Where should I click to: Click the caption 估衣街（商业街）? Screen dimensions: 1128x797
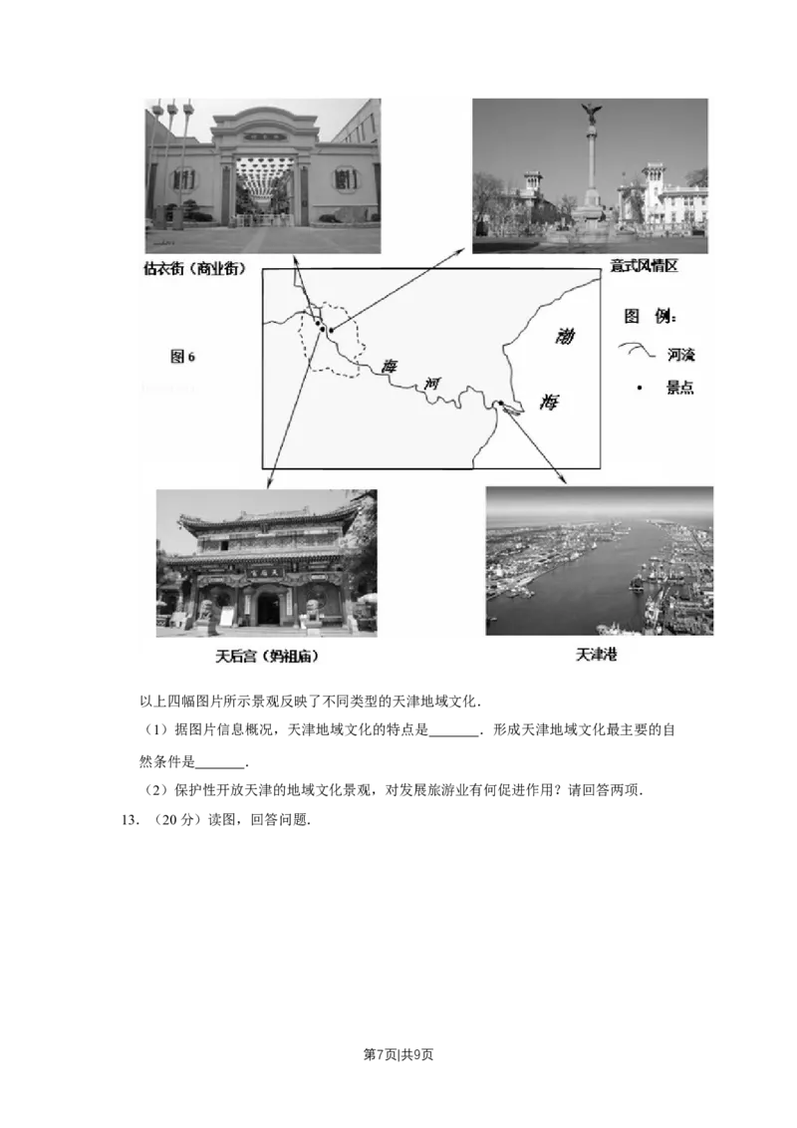pos(195,269)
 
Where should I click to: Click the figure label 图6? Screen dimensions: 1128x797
pos(183,357)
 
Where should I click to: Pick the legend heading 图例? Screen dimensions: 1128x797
pos(650,317)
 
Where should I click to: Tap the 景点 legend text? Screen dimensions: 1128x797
pos(680,388)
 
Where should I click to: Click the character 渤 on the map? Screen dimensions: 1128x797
pos(564,336)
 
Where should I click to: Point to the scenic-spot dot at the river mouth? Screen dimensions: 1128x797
pos(501,404)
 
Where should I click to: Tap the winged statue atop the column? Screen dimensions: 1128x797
pos(591,112)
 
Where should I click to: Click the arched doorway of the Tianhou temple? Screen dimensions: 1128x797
pos(268,608)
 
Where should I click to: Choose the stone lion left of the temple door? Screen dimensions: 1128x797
pos(208,612)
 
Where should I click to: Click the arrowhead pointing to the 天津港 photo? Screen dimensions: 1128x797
pos(563,481)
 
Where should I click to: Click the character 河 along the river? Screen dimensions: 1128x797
pos(430,384)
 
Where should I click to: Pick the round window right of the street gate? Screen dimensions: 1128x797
pos(345,179)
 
